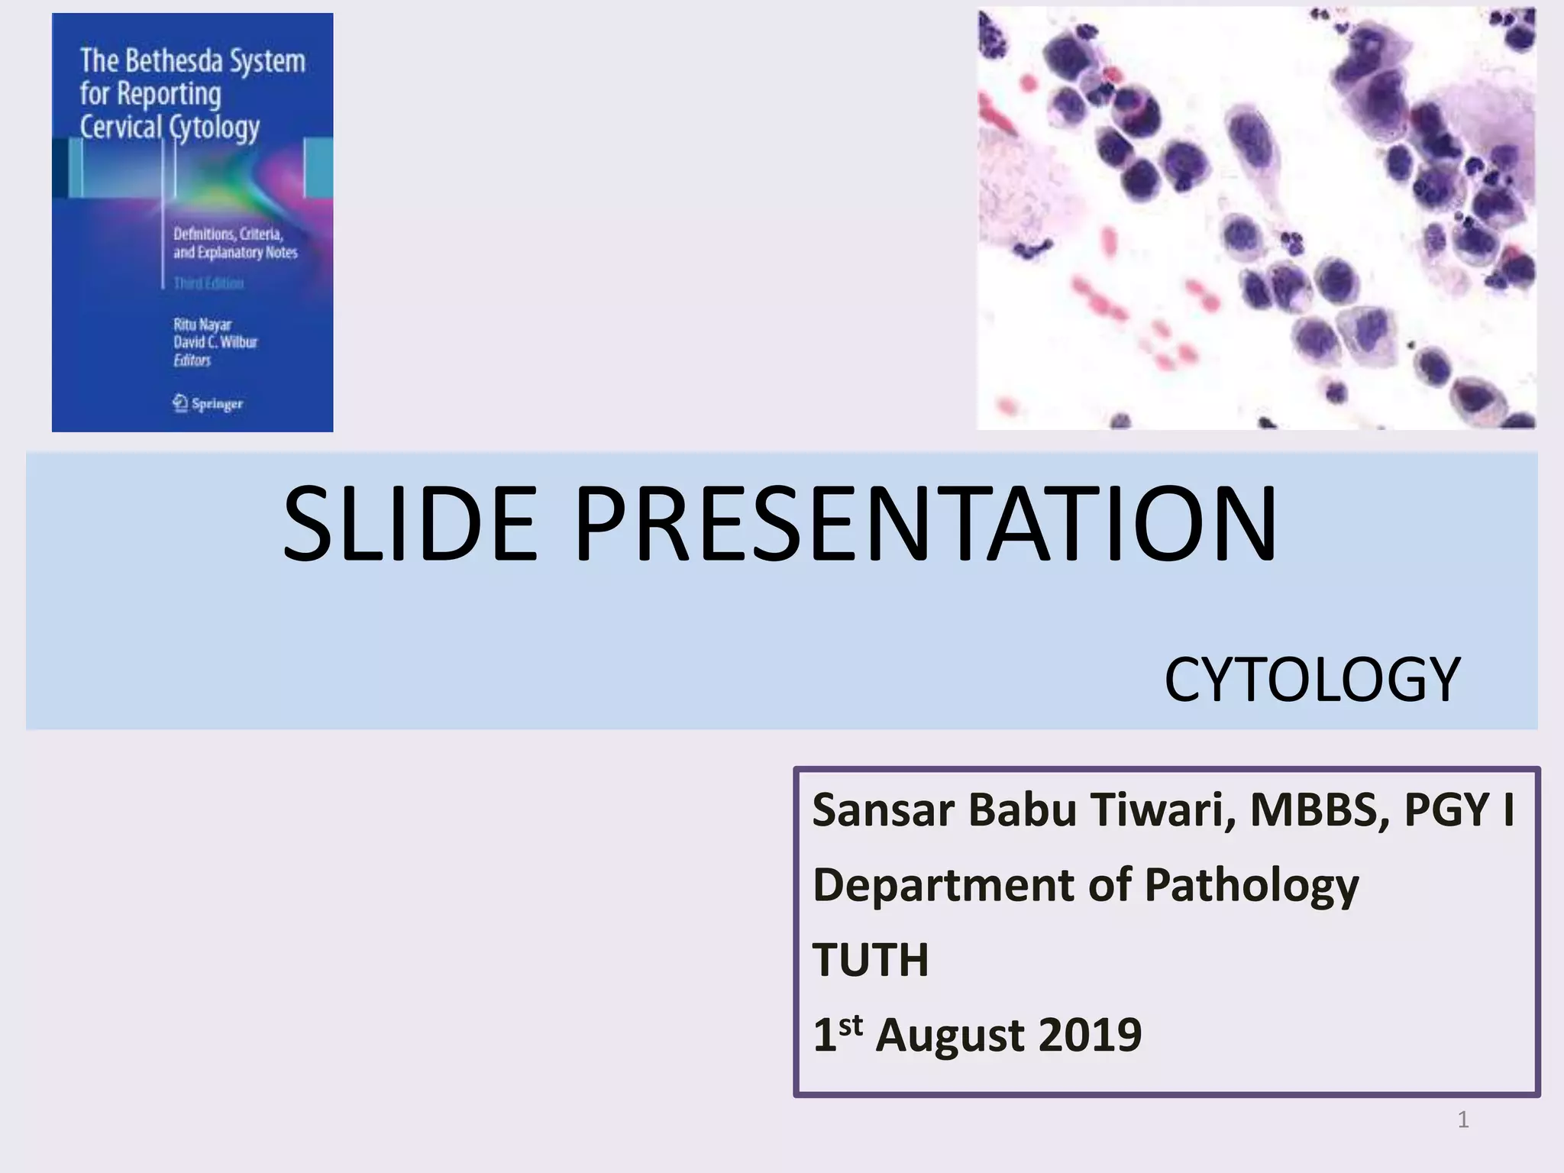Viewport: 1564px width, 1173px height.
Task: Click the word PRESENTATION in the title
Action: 925,525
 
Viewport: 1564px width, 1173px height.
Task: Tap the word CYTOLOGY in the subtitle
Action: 1311,679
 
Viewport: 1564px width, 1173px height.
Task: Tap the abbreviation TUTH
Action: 870,960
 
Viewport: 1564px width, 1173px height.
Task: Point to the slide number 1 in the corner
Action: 1462,1120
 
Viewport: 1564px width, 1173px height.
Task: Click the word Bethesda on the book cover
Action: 173,61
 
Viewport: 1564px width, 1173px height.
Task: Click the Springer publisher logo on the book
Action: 208,403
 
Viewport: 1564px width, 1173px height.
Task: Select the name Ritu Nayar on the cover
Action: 202,325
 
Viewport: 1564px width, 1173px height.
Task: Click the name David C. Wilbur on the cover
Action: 215,342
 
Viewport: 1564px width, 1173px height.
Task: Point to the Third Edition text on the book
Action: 208,283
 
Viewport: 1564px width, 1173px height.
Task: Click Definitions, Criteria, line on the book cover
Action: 228,234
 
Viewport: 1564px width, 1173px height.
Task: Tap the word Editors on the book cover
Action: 192,360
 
